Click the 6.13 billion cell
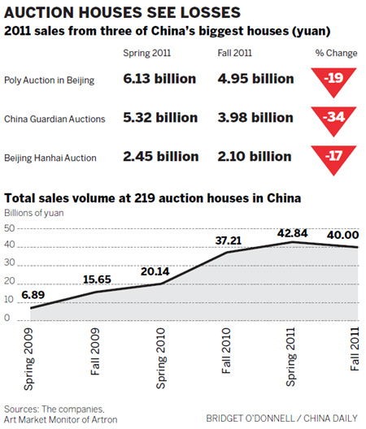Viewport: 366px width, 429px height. pyautogui.click(x=158, y=80)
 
